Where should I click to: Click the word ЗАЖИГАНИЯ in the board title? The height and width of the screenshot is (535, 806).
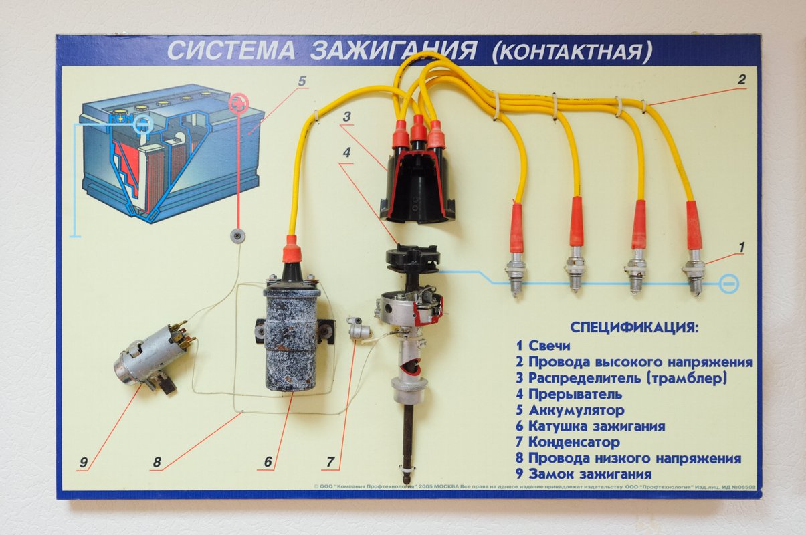click(x=394, y=50)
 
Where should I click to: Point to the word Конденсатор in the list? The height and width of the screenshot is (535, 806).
click(x=575, y=442)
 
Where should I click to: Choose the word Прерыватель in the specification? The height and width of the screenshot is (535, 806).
click(x=575, y=395)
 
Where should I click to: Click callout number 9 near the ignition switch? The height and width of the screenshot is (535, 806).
click(x=83, y=462)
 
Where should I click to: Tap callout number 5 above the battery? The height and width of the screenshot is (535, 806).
click(x=302, y=81)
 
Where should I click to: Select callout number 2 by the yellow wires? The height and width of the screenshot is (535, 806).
click(x=742, y=80)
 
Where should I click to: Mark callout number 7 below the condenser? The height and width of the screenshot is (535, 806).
click(x=330, y=462)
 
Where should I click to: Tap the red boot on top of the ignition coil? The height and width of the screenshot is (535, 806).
click(x=290, y=249)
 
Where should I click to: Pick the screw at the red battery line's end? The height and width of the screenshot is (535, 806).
click(x=237, y=236)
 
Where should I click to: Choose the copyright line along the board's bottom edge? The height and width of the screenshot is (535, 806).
click(x=535, y=487)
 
